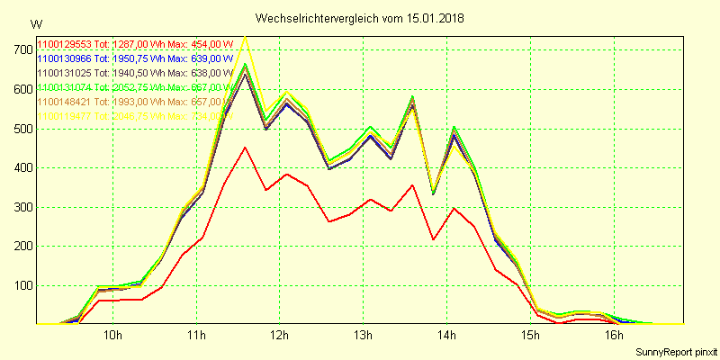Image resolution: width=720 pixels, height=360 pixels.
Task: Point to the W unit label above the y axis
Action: click(x=35, y=23)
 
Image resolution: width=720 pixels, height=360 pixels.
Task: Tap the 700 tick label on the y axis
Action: click(x=22, y=49)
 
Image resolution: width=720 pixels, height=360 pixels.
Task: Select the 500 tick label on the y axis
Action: click(x=22, y=128)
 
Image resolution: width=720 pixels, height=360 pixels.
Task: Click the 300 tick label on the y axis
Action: click(x=22, y=207)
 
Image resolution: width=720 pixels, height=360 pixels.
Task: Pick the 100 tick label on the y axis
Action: click(x=22, y=285)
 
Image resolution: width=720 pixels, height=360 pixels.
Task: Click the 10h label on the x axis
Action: click(x=113, y=336)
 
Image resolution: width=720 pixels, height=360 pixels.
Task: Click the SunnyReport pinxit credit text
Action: click(x=675, y=351)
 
